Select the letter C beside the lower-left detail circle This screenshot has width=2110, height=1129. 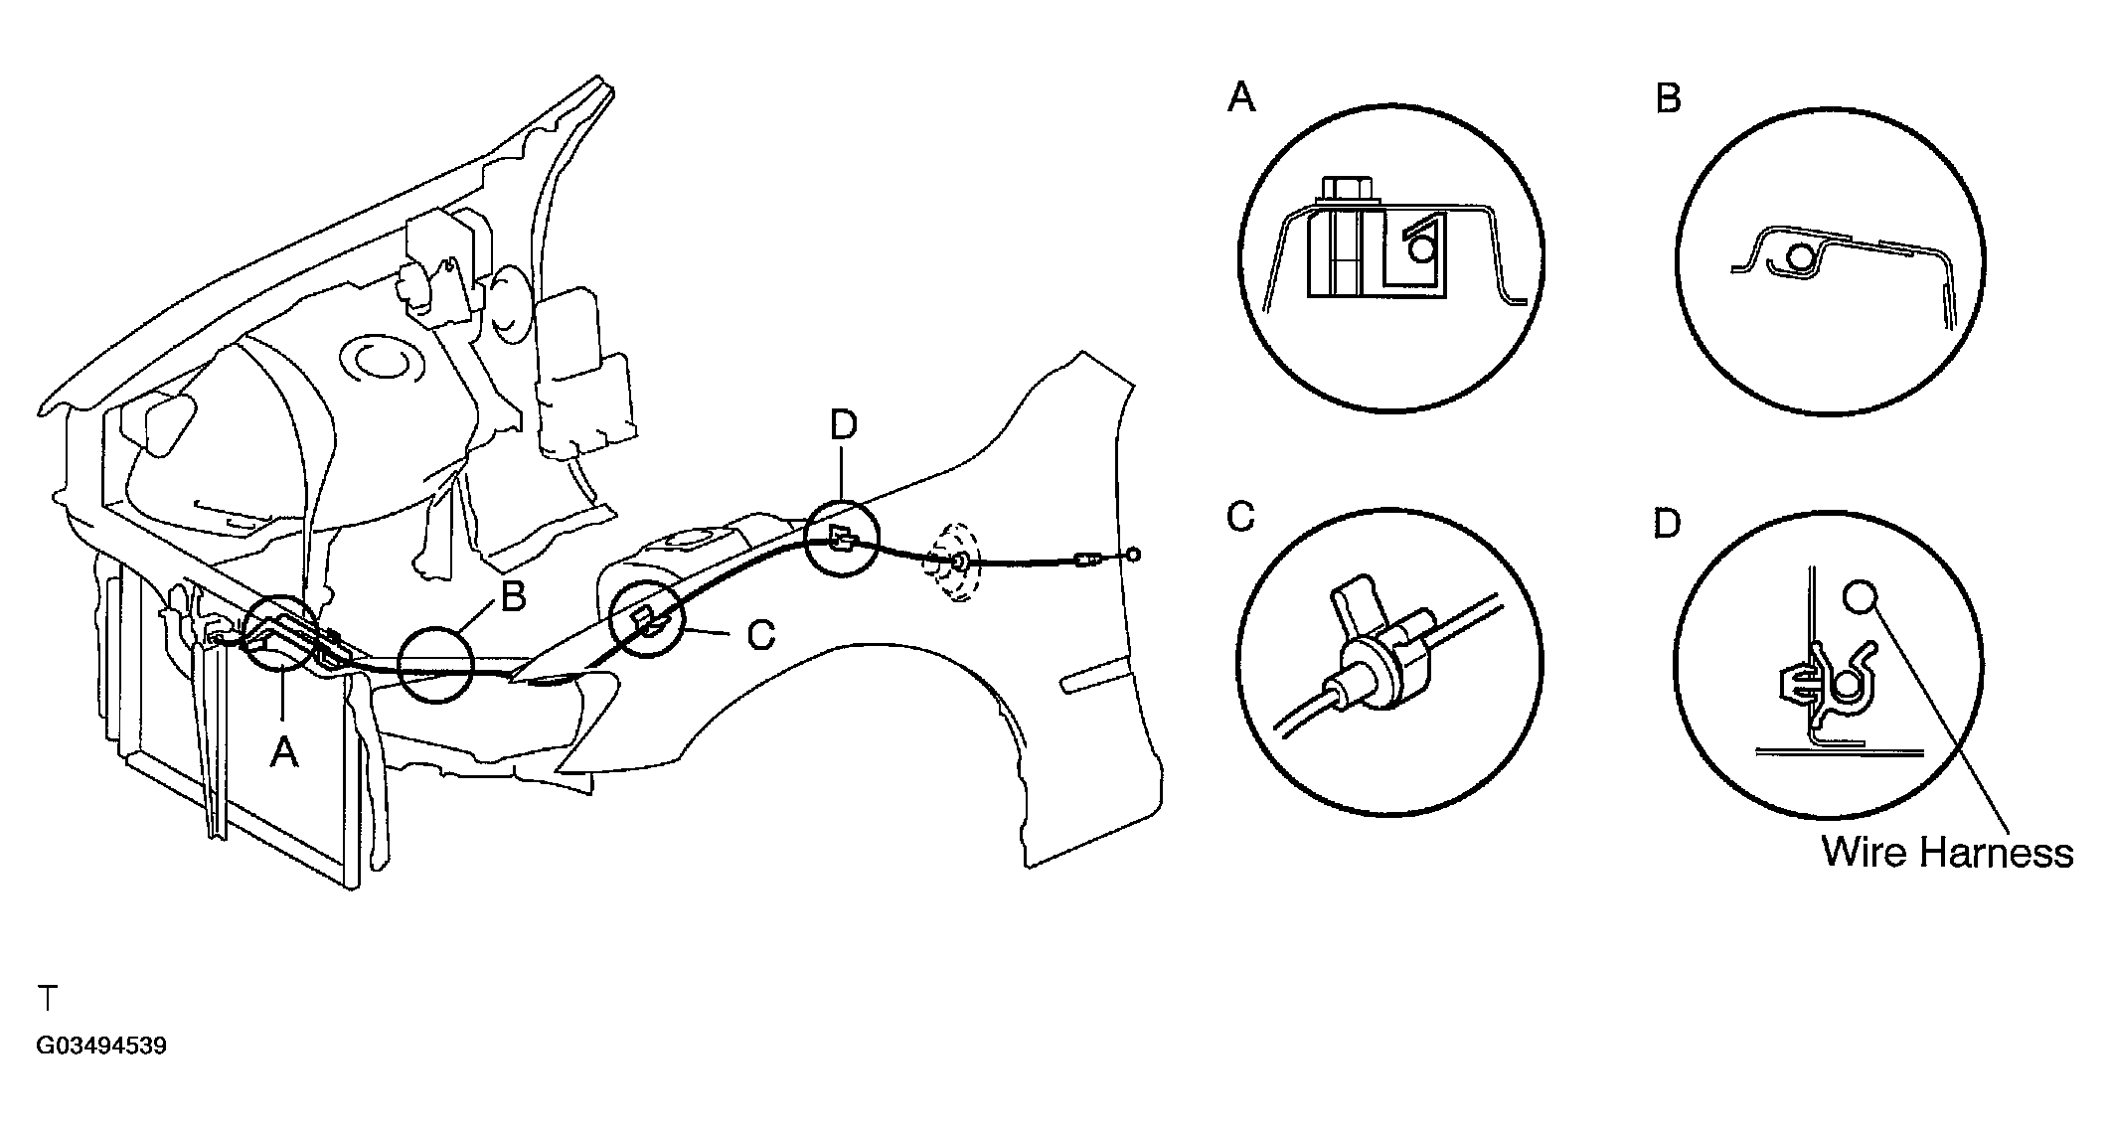pos(1241,518)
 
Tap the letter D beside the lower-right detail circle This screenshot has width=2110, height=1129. pos(1667,524)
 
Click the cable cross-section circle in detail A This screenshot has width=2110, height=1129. pos(1421,248)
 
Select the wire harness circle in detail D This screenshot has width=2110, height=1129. pos(1860,597)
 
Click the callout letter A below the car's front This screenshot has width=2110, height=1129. pos(284,752)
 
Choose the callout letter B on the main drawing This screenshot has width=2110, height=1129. pos(513,598)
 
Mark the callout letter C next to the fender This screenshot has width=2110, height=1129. pos(760,634)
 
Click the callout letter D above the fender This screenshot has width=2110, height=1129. pos(842,425)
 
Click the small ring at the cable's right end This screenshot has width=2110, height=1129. pos(1133,556)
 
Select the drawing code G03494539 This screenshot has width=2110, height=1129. pos(101,1047)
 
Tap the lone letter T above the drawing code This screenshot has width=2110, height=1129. pos(47,997)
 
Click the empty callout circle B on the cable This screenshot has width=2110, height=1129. pos(434,665)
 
